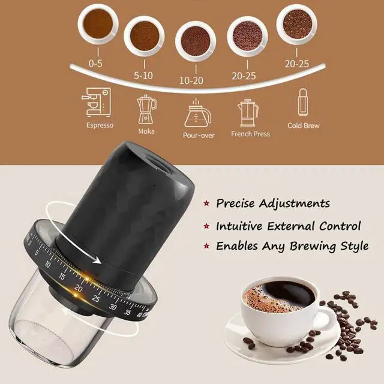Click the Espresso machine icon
click(96, 102)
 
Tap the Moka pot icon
click(146, 109)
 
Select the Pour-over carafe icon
click(197, 113)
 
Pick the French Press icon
click(248, 112)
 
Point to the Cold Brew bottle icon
click(302, 102)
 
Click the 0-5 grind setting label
click(95, 64)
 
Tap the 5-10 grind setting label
click(143, 76)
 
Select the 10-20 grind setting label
click(191, 80)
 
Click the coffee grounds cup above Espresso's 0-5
click(98, 24)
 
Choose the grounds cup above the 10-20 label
click(196, 41)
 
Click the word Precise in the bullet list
click(235, 203)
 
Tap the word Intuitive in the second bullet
click(239, 226)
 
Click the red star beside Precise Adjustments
click(206, 203)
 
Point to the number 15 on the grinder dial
click(62, 277)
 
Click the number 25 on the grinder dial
click(96, 299)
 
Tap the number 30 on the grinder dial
click(113, 307)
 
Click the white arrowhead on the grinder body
click(97, 260)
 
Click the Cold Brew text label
click(304, 125)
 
